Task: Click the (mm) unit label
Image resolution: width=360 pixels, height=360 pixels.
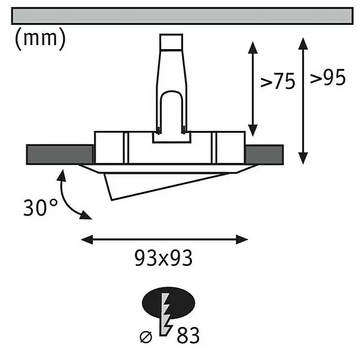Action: (x=40, y=39)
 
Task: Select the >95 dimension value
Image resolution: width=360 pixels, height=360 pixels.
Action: (x=328, y=78)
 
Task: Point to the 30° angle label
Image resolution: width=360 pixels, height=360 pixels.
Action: (x=40, y=207)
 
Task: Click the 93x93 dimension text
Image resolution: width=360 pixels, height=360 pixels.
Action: (x=163, y=258)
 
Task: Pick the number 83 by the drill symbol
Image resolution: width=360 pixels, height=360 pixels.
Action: (x=188, y=335)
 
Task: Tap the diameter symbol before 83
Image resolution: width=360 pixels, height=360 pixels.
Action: (x=146, y=337)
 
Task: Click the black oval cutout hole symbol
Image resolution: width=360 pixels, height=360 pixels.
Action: (x=169, y=303)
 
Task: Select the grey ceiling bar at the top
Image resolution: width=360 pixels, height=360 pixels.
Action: (x=182, y=16)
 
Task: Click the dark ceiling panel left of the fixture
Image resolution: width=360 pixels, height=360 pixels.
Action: (x=60, y=155)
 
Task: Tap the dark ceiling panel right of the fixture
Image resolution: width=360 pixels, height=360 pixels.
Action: (x=264, y=155)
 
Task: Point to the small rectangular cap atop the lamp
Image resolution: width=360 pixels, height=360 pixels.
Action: (x=171, y=42)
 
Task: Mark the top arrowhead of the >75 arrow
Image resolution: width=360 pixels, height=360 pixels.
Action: (x=253, y=47)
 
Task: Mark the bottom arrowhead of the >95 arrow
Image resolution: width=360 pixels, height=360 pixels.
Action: (x=303, y=158)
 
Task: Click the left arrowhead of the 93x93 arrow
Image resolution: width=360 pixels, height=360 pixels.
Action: (x=87, y=239)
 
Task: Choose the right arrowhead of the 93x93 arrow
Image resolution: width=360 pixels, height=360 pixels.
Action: (x=242, y=239)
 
